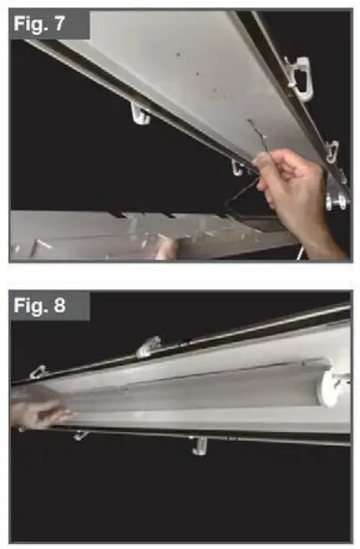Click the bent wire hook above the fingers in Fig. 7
pos(253,139)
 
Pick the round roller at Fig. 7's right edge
pos(333,201)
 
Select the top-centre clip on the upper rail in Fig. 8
pos(148,346)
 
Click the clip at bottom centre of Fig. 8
pos(198,447)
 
